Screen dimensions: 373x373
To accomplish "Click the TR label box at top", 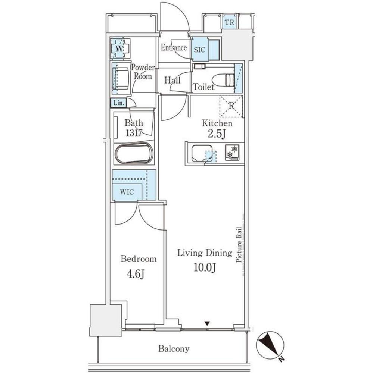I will (x=230, y=22).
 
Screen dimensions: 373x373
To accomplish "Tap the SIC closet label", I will (x=200, y=50).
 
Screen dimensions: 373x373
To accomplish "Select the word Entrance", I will (x=174, y=48).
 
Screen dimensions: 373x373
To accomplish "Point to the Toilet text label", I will (x=203, y=88).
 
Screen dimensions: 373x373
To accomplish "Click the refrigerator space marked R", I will (x=231, y=106).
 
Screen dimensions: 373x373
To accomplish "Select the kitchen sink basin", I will (x=202, y=153).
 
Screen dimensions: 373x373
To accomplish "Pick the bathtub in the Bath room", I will (x=134, y=153).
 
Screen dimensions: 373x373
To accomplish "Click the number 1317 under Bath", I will (x=133, y=133).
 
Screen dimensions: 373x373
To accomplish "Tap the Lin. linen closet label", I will (x=118, y=103).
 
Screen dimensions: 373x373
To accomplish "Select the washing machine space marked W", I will (x=120, y=48).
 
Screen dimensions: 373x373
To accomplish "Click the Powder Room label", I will (x=142, y=72).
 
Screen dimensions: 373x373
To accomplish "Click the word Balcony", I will (x=174, y=349).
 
